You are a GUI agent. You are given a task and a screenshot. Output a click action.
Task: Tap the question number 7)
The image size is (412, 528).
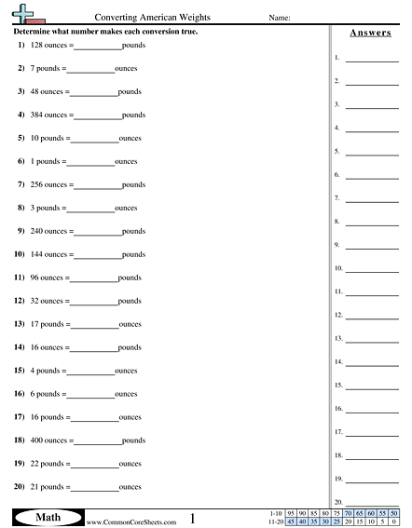click(x=20, y=184)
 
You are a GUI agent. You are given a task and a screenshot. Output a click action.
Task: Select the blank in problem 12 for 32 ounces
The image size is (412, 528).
click(x=94, y=301)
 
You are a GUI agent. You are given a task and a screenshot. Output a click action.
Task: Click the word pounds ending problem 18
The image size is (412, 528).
click(x=133, y=440)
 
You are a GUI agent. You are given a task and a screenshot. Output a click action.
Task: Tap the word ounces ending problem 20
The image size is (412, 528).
click(x=130, y=486)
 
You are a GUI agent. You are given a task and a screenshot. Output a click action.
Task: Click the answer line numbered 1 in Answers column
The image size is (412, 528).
click(x=371, y=59)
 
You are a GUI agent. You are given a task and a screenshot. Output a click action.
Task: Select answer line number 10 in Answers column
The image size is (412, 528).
click(x=371, y=269)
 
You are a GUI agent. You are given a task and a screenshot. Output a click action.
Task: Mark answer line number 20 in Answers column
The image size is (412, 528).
click(x=371, y=503)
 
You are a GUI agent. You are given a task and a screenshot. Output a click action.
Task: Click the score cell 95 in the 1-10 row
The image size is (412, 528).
click(x=291, y=513)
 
